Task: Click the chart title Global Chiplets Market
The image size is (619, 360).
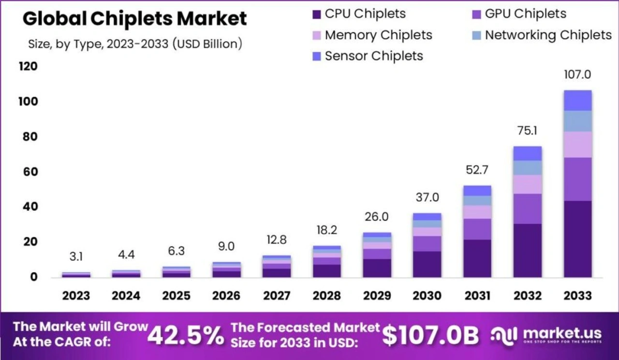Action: [x=134, y=19]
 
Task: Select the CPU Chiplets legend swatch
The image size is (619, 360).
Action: [x=317, y=14]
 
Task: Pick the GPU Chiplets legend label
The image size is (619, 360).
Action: [x=526, y=14]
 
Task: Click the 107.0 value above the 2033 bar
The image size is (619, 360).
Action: [x=577, y=75]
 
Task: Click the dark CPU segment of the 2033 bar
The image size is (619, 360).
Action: [x=577, y=239]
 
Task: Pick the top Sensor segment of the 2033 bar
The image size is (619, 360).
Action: [x=577, y=101]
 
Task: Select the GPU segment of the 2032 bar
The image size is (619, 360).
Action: [x=528, y=208]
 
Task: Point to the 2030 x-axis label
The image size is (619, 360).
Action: [x=427, y=295]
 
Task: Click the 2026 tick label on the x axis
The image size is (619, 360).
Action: [x=226, y=295]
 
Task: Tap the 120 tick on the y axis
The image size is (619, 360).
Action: [x=28, y=67]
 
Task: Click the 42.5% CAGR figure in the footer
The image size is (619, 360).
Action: [x=186, y=335]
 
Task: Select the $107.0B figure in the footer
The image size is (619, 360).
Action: [x=430, y=335]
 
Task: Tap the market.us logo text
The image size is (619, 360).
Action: [x=562, y=333]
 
